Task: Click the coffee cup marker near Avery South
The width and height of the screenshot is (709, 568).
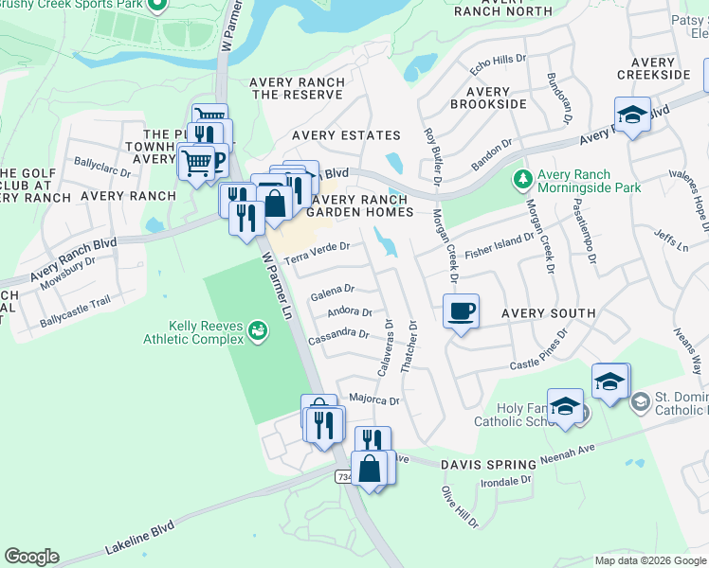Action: click(461, 311)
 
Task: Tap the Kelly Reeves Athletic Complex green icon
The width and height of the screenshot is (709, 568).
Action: click(257, 331)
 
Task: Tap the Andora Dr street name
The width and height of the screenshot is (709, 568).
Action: click(348, 311)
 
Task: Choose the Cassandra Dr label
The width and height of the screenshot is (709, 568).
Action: click(338, 334)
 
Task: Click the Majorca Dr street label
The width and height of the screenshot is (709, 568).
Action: click(374, 400)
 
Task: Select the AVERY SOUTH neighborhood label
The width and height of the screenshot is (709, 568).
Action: click(548, 313)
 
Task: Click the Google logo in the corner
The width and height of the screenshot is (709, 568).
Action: click(31, 557)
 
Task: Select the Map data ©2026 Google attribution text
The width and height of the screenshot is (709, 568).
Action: click(649, 560)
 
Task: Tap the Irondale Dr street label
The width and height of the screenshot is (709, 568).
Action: click(505, 482)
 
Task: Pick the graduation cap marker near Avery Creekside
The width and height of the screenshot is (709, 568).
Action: click(632, 115)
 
